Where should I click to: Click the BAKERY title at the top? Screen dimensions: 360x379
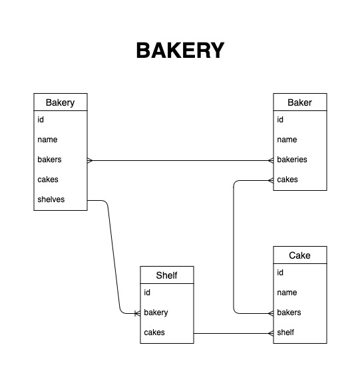point(180,51)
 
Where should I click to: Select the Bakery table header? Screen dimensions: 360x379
point(61,102)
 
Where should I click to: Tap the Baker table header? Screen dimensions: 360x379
point(299,102)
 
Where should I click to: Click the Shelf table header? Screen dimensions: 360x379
point(167,275)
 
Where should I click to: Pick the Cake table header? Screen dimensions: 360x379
point(299,255)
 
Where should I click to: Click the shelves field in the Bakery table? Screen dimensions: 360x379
point(51,199)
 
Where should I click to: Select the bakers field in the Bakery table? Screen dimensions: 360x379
point(50,160)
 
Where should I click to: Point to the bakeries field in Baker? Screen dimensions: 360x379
point(292,160)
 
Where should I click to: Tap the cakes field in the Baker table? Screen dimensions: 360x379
point(287,180)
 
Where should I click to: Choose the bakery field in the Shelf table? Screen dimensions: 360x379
point(156,313)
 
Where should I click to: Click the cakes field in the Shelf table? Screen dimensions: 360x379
point(154,332)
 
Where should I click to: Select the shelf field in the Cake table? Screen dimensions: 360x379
point(285,332)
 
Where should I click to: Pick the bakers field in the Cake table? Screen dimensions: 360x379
point(289,313)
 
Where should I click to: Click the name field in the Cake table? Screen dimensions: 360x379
point(287,293)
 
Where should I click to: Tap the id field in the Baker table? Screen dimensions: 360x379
point(280,120)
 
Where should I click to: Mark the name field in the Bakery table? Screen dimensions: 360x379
point(47,140)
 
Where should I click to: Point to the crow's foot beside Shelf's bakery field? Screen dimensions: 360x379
point(138,313)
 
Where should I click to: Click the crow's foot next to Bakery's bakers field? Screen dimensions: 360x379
point(90,160)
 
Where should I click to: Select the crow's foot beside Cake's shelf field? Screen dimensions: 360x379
point(271,334)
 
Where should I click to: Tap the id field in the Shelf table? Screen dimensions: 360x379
point(147,293)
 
